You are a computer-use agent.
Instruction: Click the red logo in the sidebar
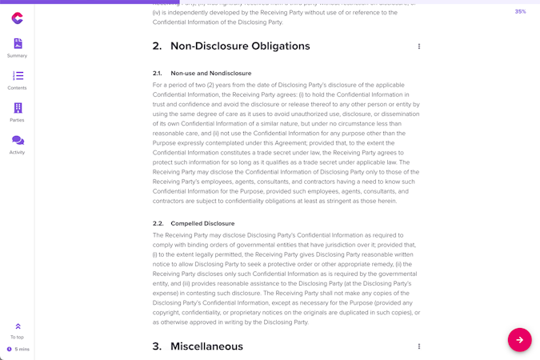tap(17, 18)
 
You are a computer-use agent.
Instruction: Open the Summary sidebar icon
tap(18, 44)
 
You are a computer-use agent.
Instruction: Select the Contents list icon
tap(18, 76)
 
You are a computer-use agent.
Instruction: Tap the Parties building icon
tap(18, 108)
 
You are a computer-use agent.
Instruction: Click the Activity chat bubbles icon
tap(18, 140)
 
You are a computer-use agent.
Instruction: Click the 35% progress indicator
tap(520, 11)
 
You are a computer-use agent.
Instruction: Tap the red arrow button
tap(519, 340)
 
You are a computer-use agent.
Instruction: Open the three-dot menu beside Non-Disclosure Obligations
tap(418, 46)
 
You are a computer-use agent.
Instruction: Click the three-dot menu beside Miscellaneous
tap(418, 346)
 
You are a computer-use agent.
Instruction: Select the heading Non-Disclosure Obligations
tap(240, 46)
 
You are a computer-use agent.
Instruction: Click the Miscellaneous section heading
tap(206, 346)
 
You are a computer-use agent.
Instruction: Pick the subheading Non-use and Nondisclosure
tap(210, 74)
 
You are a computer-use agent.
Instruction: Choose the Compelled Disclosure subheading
tap(202, 223)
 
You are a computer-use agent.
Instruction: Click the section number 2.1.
tap(158, 74)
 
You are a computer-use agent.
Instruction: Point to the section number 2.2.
tap(158, 223)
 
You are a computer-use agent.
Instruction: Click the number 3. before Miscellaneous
tap(157, 346)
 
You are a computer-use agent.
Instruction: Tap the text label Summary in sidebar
tap(18, 56)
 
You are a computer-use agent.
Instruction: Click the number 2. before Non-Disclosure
tap(157, 46)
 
